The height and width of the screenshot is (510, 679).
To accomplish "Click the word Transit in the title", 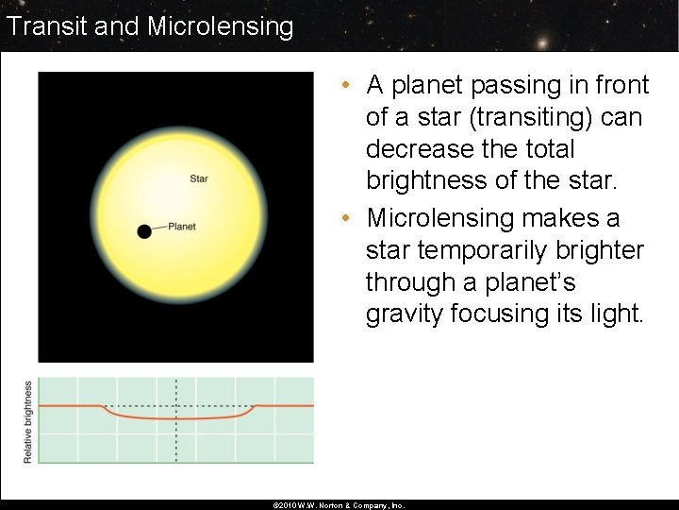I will click(x=46, y=25).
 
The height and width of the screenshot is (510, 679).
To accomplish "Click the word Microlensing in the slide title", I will click(x=220, y=25).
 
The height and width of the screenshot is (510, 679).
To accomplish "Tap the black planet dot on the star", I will click(x=144, y=231).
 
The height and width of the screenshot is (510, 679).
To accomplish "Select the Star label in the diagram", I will click(x=199, y=178).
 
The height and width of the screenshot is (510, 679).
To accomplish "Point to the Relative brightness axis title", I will click(x=28, y=421).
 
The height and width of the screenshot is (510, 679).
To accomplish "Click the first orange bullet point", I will click(x=347, y=86).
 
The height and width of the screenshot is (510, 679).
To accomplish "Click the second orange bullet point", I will click(x=347, y=219).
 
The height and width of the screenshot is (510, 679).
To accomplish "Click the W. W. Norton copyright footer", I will click(x=338, y=505).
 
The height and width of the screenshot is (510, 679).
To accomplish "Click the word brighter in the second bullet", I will click(x=600, y=251).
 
